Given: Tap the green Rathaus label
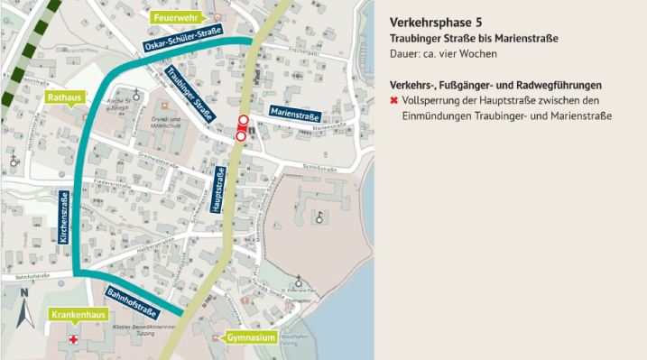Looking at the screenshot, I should click(68, 97).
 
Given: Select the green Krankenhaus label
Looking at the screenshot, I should click(74, 314).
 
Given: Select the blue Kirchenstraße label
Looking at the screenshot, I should click(63, 217).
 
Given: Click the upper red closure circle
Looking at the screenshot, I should click(243, 121).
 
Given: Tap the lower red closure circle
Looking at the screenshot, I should click(241, 136).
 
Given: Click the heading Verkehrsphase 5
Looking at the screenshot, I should click(430, 21).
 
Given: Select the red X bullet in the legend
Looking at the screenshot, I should click(394, 100).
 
